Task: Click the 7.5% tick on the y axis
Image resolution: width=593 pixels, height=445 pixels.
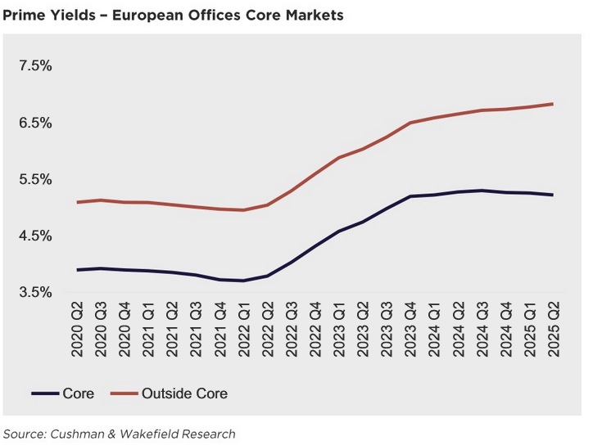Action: coord(35,66)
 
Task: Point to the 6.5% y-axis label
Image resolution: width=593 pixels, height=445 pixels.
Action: coord(35,123)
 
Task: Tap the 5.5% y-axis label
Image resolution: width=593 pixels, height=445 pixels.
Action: coord(35,179)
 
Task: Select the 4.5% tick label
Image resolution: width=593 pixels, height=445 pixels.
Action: coord(35,236)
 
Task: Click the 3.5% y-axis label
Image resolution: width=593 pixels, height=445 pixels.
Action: coord(35,292)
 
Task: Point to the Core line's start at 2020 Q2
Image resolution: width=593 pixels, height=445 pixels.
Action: coord(77,270)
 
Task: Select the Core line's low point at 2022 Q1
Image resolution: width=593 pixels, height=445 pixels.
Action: coord(243,281)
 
